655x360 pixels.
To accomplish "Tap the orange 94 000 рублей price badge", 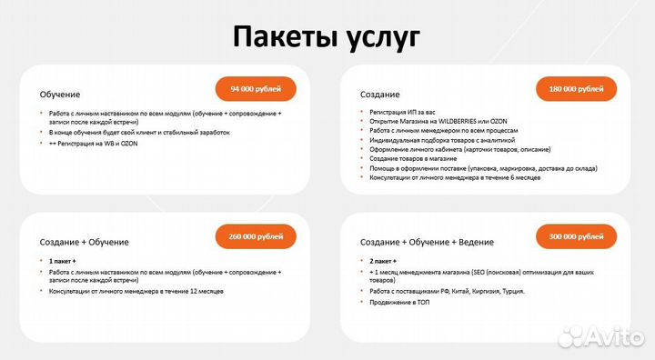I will [x=255, y=88].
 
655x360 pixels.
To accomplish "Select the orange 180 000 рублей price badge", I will [x=576, y=88].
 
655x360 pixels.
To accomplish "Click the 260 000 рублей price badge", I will [x=255, y=236].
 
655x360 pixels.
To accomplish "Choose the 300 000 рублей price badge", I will [x=576, y=236].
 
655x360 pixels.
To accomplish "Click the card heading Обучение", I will [x=60, y=95].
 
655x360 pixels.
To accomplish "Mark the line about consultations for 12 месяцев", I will [x=136, y=291].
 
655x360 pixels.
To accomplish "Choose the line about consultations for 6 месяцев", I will [x=455, y=177].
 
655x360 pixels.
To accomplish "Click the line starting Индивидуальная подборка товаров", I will [x=442, y=140].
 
